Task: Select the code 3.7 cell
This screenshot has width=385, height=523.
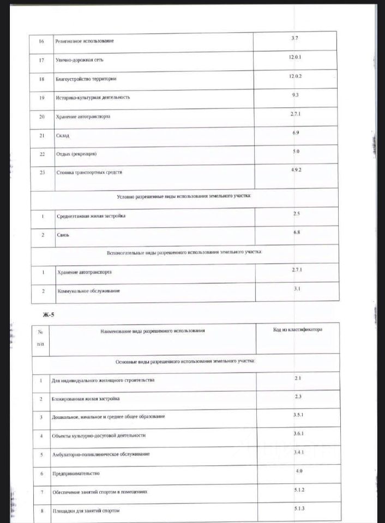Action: tap(295, 38)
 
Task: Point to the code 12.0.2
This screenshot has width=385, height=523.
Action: tap(295, 76)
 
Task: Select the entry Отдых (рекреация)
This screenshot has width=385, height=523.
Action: tap(76, 154)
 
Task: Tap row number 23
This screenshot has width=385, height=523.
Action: tap(42, 173)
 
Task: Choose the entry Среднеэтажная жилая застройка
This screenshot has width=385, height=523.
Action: tap(91, 216)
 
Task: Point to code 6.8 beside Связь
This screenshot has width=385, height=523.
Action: tap(296, 232)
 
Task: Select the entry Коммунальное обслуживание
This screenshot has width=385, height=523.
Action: tap(89, 291)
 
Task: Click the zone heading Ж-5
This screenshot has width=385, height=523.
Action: tap(49, 314)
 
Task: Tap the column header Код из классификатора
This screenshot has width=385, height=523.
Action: tap(298, 330)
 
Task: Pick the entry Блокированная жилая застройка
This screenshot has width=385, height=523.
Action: tap(86, 399)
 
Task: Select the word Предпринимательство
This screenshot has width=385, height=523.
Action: tap(76, 473)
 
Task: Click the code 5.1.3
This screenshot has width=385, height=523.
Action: tap(298, 508)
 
